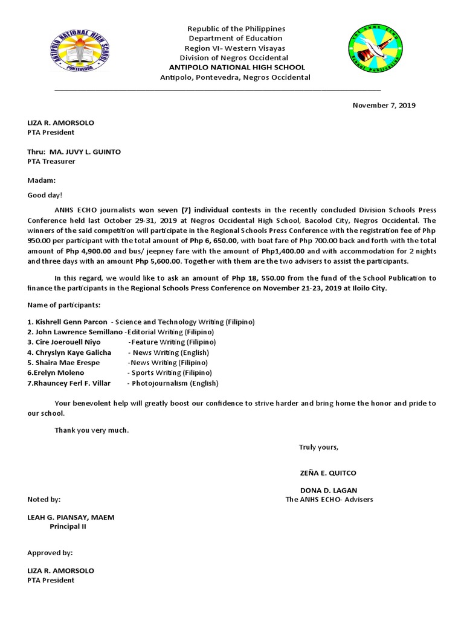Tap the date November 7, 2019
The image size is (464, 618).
click(384, 105)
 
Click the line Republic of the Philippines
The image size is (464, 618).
click(236, 29)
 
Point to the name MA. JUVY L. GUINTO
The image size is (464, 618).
click(85, 152)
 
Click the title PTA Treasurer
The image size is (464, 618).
click(51, 162)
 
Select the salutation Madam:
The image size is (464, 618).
click(41, 180)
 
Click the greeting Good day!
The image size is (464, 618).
click(45, 195)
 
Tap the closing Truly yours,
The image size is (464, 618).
click(318, 447)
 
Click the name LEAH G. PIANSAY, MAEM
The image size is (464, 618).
click(71, 517)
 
